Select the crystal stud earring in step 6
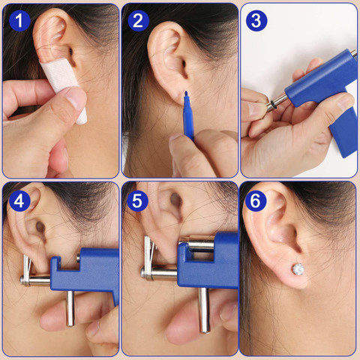click(298, 268)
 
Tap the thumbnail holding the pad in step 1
click(75, 97)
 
